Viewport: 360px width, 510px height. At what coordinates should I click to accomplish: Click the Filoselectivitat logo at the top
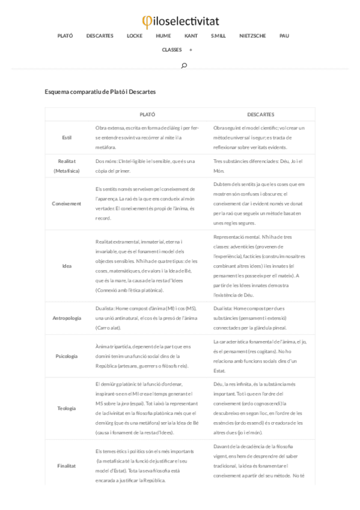click(180, 22)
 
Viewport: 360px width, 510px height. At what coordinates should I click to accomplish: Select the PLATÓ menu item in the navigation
click(65, 36)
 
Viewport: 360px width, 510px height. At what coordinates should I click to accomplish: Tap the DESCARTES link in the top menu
click(100, 36)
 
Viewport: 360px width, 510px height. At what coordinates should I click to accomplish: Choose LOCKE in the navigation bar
click(135, 36)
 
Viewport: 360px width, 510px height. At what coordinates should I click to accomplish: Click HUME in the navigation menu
click(163, 36)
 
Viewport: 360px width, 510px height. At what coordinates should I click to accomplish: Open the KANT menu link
click(191, 36)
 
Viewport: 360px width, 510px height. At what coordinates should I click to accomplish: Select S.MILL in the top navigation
click(218, 36)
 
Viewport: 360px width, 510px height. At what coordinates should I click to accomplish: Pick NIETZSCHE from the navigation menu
click(252, 36)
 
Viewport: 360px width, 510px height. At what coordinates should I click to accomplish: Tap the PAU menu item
click(284, 36)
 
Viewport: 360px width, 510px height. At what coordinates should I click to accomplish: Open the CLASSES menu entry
click(172, 50)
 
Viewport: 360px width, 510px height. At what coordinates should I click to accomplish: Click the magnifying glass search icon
click(184, 65)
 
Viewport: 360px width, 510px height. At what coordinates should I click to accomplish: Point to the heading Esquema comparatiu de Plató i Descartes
click(100, 91)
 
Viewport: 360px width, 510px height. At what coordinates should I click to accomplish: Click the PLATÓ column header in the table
click(147, 114)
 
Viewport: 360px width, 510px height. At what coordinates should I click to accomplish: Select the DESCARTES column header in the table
click(261, 114)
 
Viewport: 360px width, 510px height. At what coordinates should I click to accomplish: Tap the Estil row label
click(67, 138)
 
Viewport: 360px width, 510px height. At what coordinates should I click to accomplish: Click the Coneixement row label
click(67, 203)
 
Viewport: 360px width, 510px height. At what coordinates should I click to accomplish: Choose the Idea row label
click(67, 266)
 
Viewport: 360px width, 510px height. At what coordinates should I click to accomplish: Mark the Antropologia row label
click(67, 318)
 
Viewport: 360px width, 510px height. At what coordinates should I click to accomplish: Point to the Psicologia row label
click(67, 356)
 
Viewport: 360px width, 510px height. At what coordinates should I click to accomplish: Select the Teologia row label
click(67, 408)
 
